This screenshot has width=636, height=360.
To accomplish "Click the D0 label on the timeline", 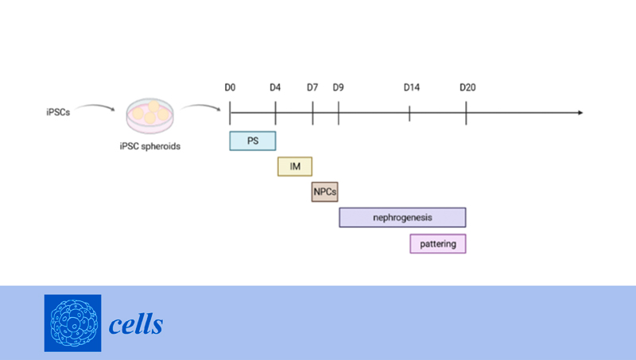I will (x=230, y=87).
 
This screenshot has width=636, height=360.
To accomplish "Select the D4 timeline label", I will (x=275, y=87).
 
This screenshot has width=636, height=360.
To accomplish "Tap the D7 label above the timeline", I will (x=312, y=87).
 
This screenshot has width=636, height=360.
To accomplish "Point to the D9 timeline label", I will (x=339, y=87).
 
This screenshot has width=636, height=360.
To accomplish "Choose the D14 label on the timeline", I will (x=411, y=87).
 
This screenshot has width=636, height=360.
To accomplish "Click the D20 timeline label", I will (x=467, y=87).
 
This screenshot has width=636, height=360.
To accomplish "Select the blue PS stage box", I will (x=253, y=141).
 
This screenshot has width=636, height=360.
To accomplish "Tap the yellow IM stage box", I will (x=295, y=166).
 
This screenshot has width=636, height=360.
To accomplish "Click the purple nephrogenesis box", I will (x=402, y=217).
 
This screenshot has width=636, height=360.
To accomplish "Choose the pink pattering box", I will (x=437, y=244).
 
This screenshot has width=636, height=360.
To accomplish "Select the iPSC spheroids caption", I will (x=149, y=146).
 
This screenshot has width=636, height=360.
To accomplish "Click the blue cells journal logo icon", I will (x=72, y=323).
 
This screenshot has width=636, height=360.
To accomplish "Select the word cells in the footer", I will (x=136, y=324).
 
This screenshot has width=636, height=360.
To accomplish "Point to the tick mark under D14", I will (x=409, y=113).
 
